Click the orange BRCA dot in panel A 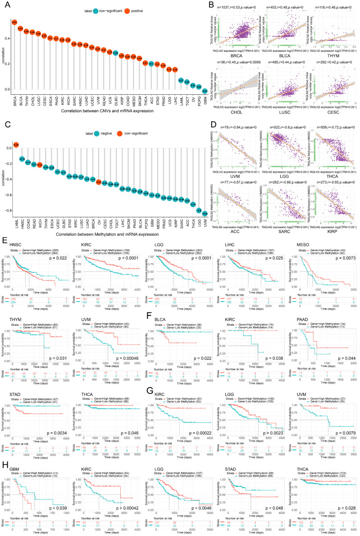[x=14, y=22]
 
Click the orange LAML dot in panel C [x=15, y=145]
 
